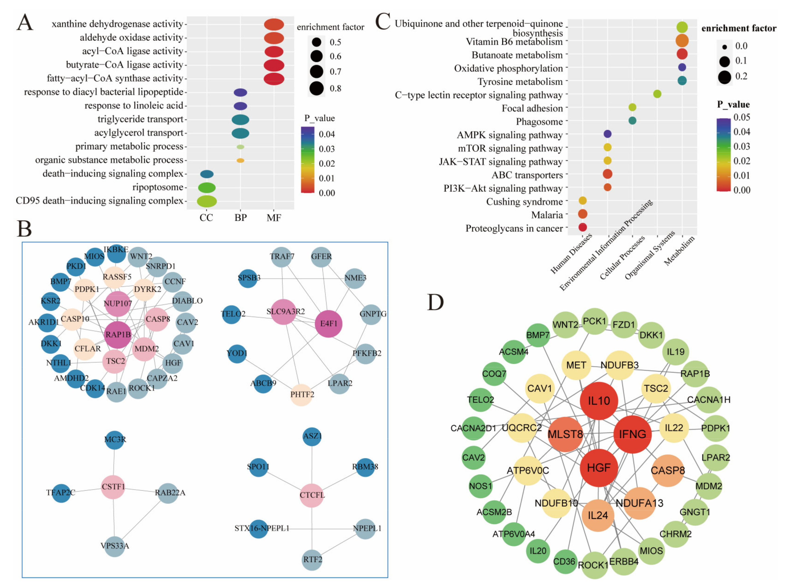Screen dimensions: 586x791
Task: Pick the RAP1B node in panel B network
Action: tap(118, 334)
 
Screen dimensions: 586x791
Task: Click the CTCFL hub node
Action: tap(312, 495)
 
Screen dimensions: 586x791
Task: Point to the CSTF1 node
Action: tap(113, 487)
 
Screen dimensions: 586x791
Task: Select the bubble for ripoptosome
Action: tap(207, 187)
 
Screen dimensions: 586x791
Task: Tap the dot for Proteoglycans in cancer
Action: tap(582, 227)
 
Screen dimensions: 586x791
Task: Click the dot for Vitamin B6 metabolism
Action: tap(682, 41)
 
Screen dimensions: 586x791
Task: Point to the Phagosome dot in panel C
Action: tap(632, 121)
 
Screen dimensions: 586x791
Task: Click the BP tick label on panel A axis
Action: tap(240, 218)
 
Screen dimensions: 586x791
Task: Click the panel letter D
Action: tap(435, 302)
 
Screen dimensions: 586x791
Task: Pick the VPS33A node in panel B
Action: tap(115, 545)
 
